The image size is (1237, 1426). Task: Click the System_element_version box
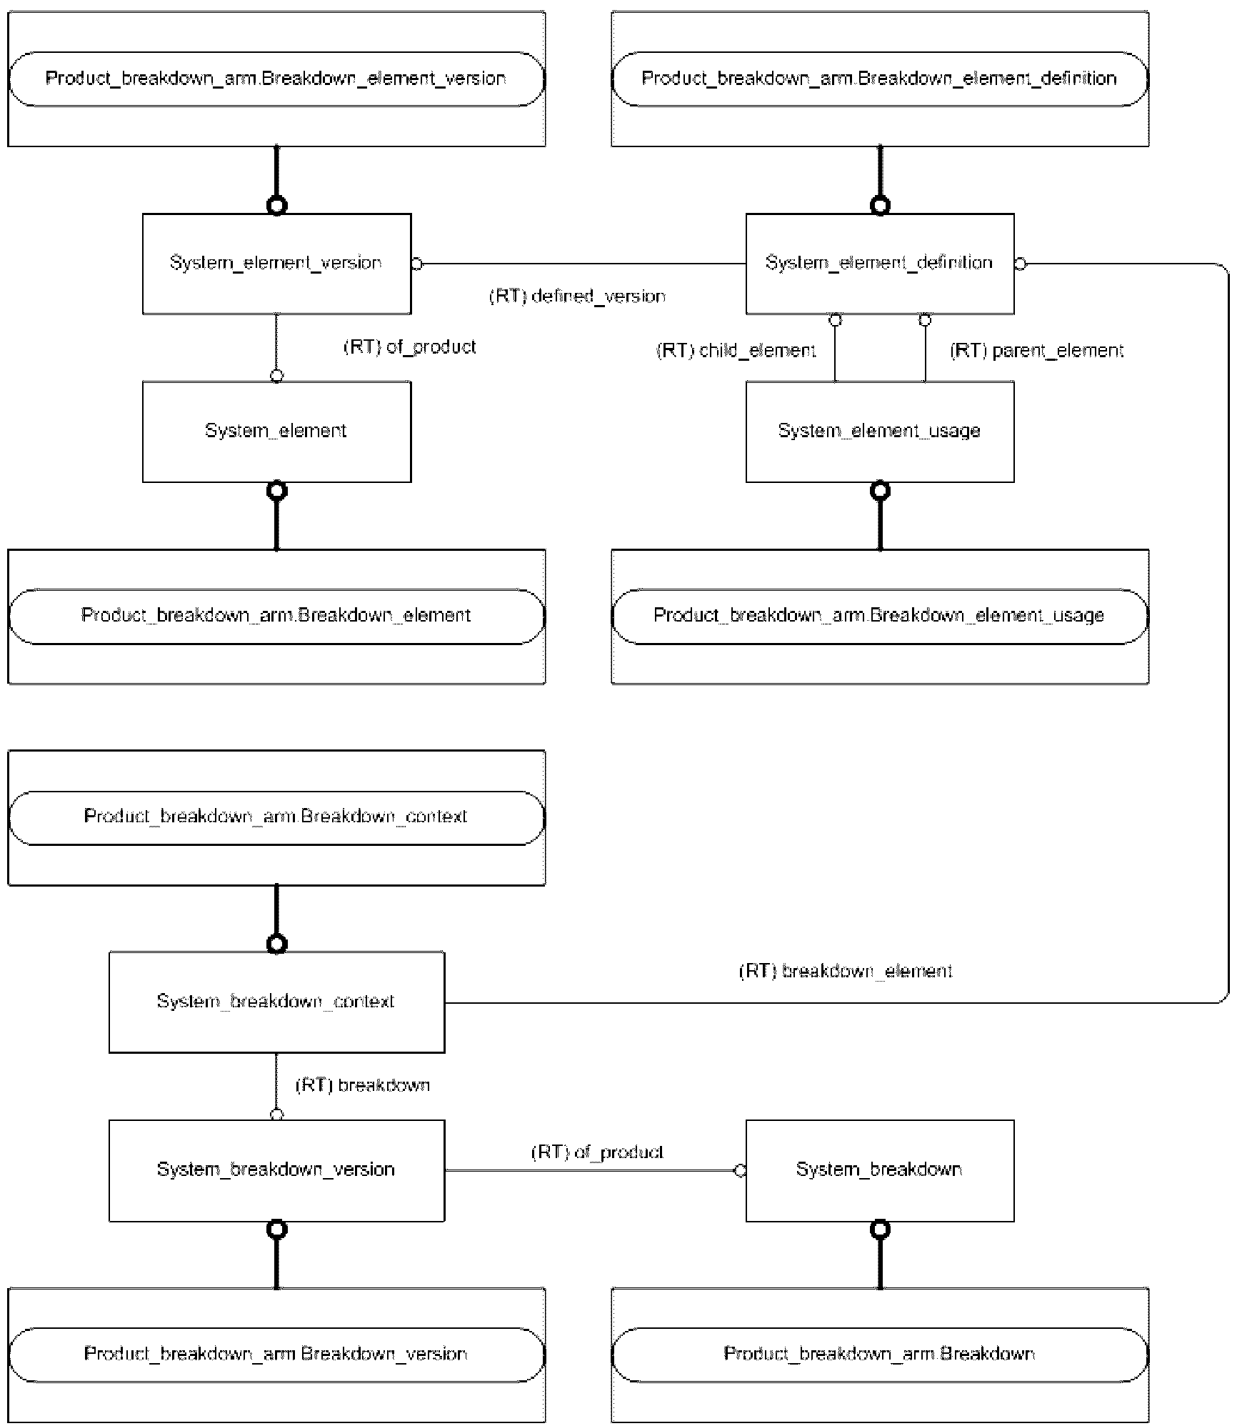276,264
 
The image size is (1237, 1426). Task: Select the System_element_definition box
880,264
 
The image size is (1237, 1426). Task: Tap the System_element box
276,432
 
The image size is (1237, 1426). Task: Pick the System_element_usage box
880,432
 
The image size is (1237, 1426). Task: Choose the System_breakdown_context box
276,1002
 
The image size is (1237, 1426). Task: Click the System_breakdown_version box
276,1170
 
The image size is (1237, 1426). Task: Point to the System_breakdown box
880,1170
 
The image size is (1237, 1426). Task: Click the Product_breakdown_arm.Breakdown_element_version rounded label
276,79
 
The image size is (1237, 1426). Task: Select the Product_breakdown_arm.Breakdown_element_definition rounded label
880,79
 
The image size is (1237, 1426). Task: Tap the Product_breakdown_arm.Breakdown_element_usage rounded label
880,616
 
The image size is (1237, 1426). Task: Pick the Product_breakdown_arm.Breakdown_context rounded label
276,817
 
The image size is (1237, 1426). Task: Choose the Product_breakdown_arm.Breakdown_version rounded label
276,1355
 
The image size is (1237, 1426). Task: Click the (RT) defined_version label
577,296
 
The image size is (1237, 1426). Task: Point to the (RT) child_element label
736,351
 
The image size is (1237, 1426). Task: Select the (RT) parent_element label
1037,351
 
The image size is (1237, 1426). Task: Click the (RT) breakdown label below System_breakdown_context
363,1085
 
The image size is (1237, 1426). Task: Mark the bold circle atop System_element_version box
276,206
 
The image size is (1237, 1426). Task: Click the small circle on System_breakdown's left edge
740,1170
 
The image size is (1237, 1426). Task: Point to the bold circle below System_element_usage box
880,491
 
